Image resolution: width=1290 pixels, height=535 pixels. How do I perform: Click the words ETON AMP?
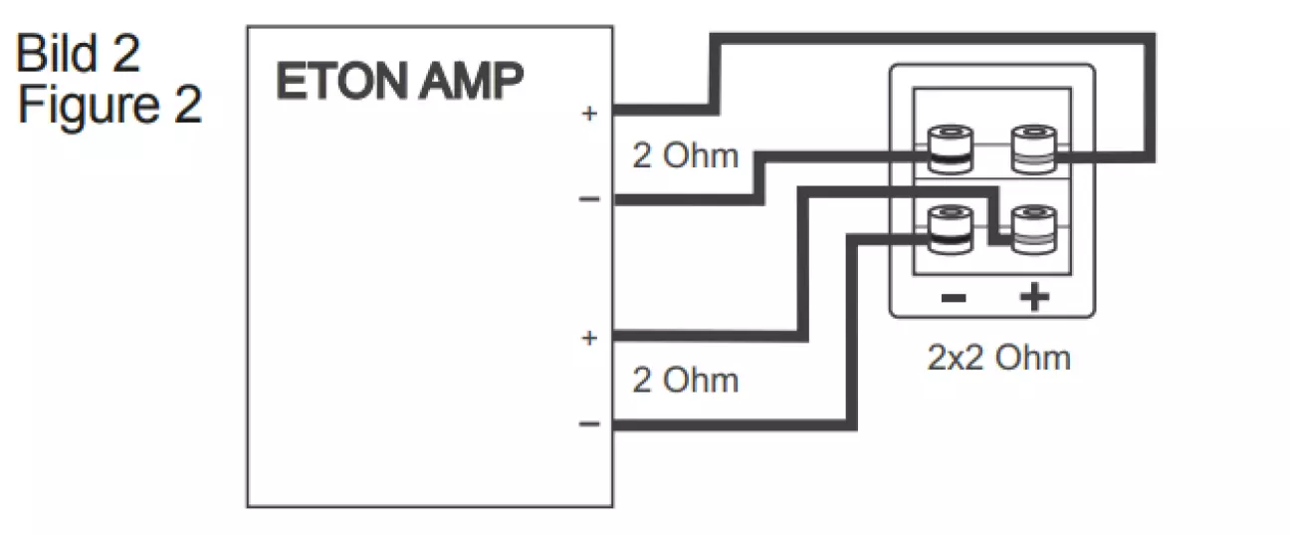(398, 84)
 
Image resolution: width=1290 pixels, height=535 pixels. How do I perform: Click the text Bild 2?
(79, 56)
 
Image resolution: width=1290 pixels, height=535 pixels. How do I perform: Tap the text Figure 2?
(109, 106)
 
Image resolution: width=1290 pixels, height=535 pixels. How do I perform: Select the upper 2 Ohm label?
(686, 156)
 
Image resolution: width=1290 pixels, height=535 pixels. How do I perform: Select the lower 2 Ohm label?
(686, 380)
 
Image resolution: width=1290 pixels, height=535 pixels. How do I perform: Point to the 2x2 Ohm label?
(998, 358)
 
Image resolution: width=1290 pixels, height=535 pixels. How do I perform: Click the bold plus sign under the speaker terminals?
(1035, 297)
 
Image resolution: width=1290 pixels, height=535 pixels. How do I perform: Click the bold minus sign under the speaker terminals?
(952, 297)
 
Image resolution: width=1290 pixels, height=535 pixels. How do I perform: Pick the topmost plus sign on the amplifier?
(589, 114)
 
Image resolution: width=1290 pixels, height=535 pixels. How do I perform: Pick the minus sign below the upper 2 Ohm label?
(589, 199)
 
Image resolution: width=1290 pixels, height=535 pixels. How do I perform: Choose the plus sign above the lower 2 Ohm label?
(589, 338)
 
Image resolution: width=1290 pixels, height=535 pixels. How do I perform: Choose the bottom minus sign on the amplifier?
(589, 424)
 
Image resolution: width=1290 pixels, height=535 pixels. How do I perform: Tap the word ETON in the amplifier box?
(334, 84)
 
